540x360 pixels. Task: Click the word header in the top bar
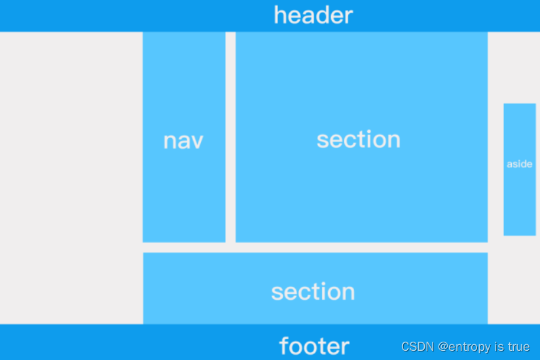point(313,15)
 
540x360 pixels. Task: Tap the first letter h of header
point(279,15)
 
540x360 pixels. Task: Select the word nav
point(183,141)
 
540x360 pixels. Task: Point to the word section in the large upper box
point(358,139)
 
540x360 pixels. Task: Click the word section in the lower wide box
point(313,292)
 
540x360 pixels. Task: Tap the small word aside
point(520,164)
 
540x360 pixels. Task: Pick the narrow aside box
point(520,203)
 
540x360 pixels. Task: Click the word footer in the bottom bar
point(314,346)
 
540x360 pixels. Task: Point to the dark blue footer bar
point(131,342)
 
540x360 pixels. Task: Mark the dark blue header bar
point(131,16)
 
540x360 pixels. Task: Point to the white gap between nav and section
point(230,137)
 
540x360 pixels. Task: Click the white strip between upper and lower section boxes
point(314,247)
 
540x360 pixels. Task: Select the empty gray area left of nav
point(71,177)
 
